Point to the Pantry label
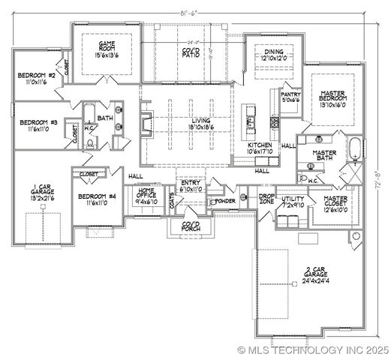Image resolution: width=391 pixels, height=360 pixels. click(x=290, y=94)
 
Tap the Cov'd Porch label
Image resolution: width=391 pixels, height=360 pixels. click(x=185, y=226)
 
